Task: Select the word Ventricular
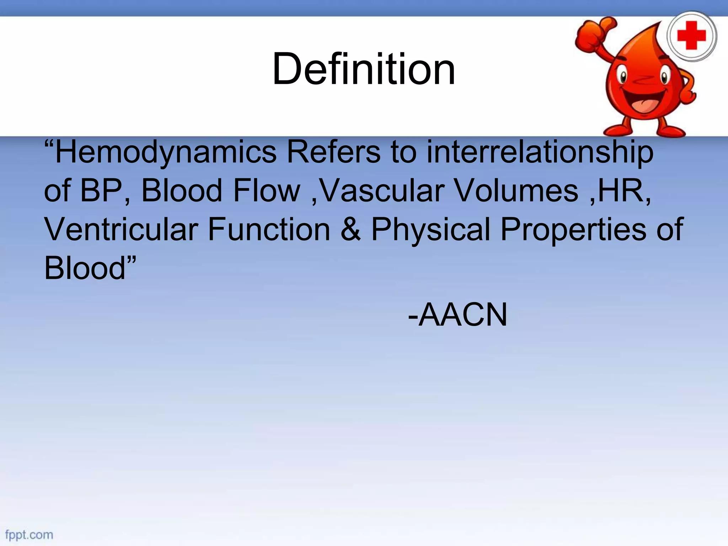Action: coord(121,229)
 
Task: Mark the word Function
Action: coord(269,229)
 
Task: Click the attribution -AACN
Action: coord(457,314)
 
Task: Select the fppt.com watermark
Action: coord(29,535)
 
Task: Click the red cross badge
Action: coord(691,36)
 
